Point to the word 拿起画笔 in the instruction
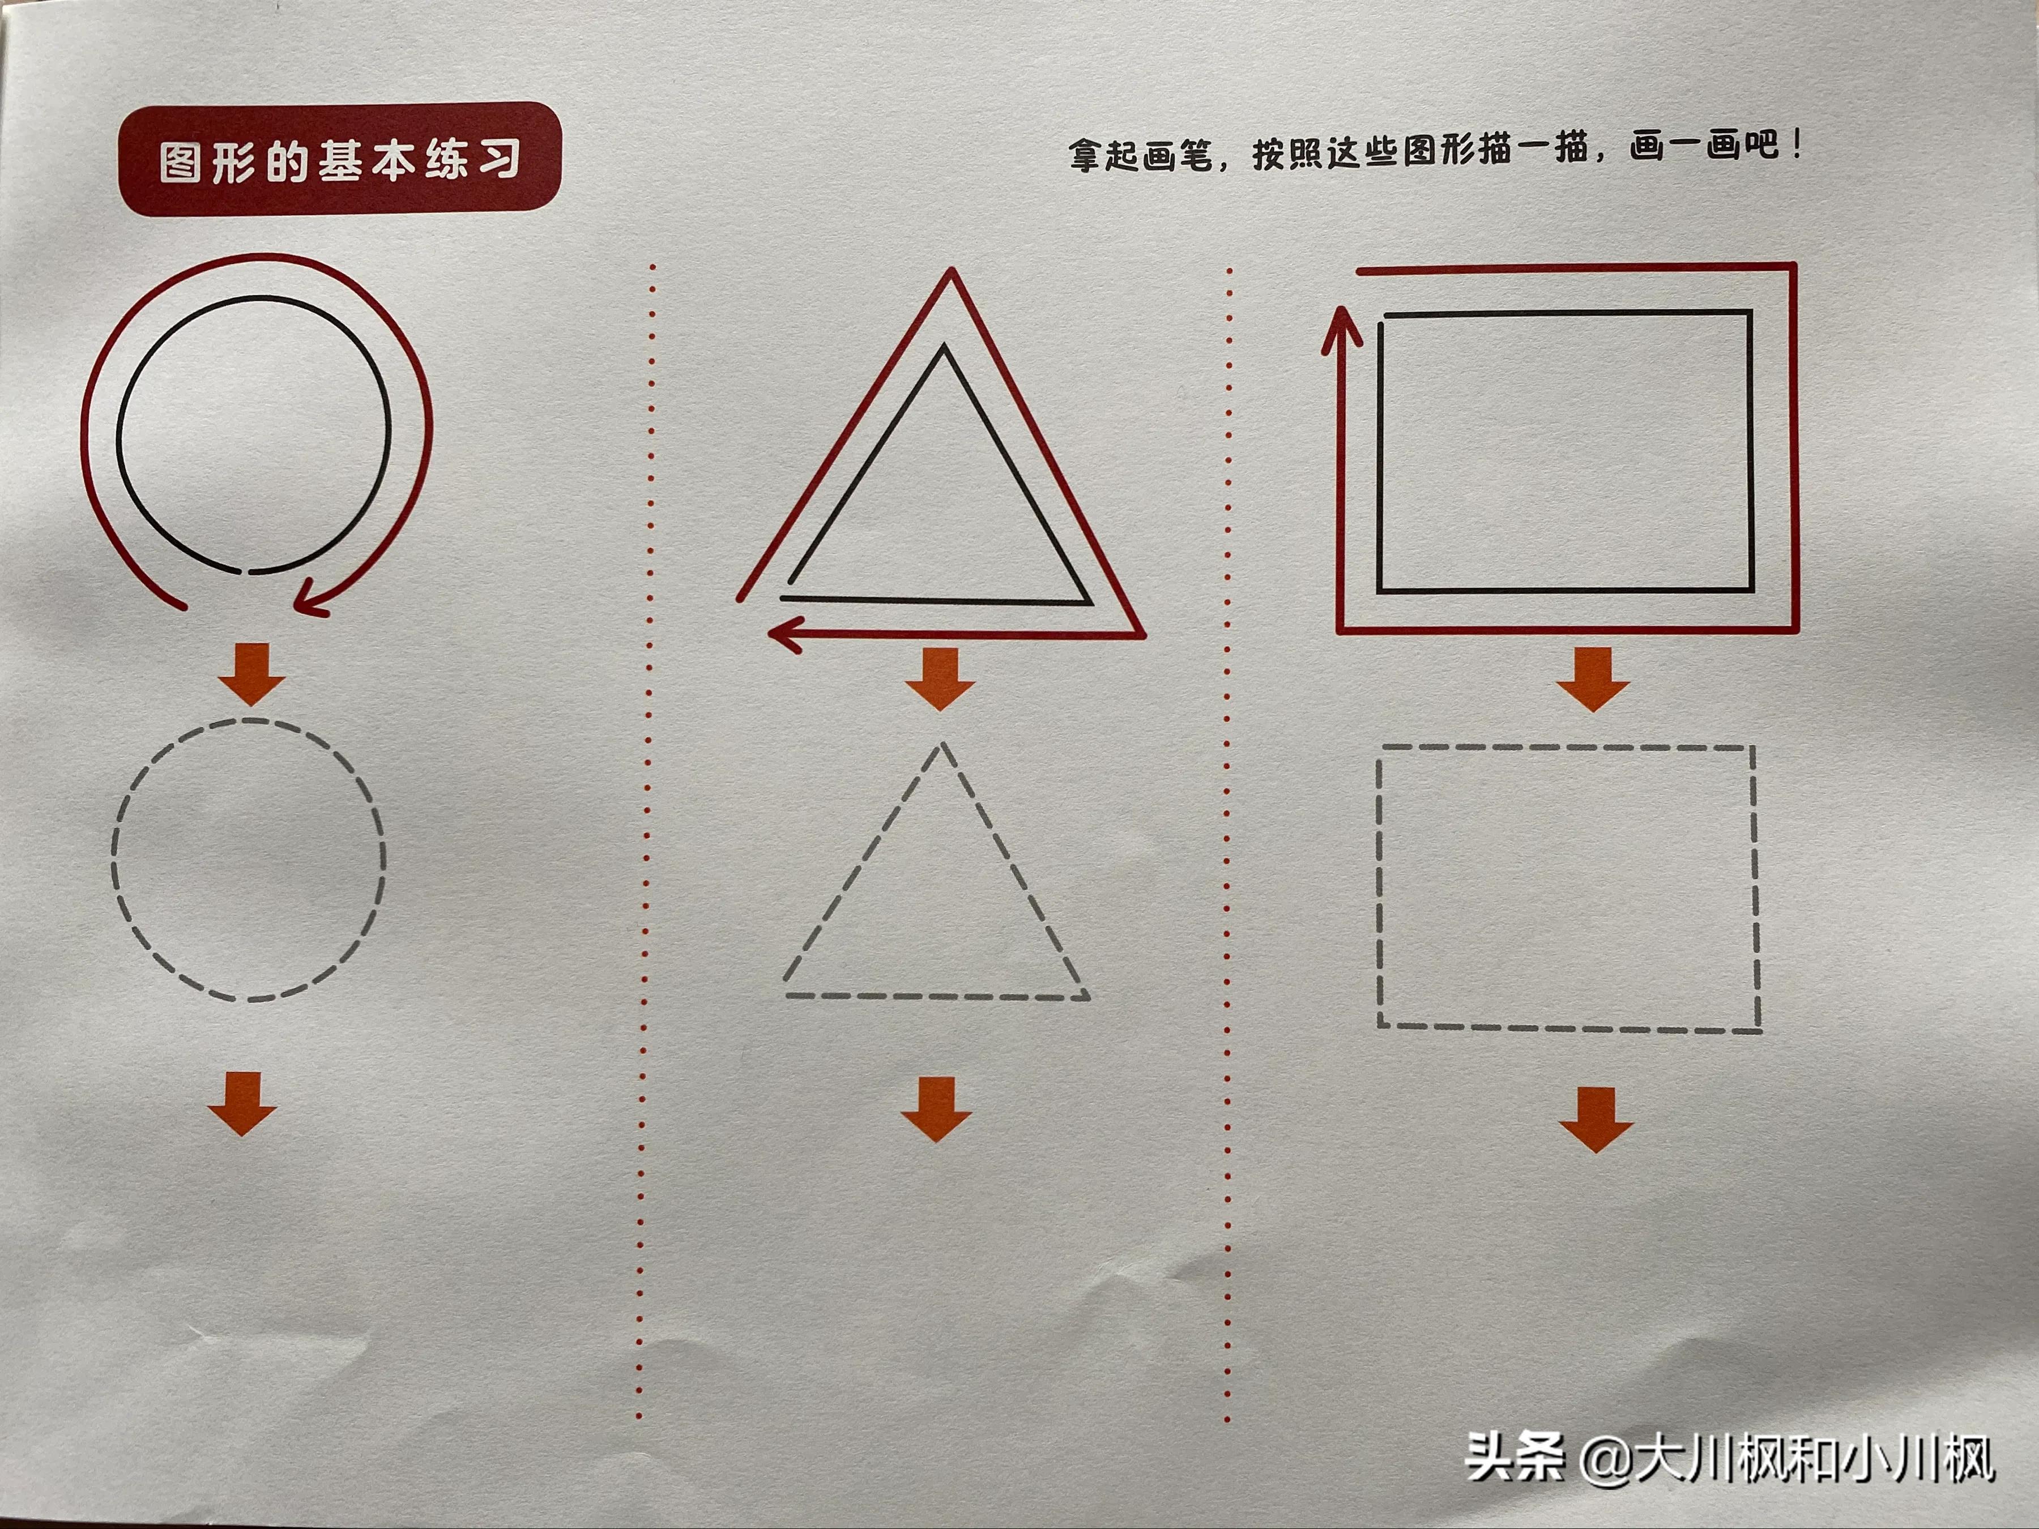[1141, 155]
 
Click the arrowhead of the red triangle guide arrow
[783, 634]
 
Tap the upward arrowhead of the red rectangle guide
[1341, 328]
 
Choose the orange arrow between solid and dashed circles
[251, 674]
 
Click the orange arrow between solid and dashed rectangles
[1593, 678]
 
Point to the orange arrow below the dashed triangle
[937, 1109]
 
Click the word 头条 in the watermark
[1515, 1457]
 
